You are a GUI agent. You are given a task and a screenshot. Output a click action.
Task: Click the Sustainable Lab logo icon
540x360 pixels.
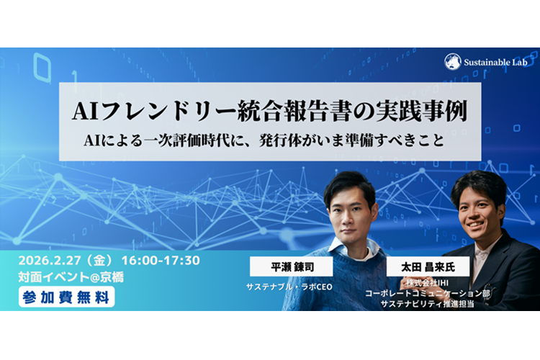453,62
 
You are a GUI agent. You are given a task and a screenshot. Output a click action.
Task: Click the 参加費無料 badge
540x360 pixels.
66,295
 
